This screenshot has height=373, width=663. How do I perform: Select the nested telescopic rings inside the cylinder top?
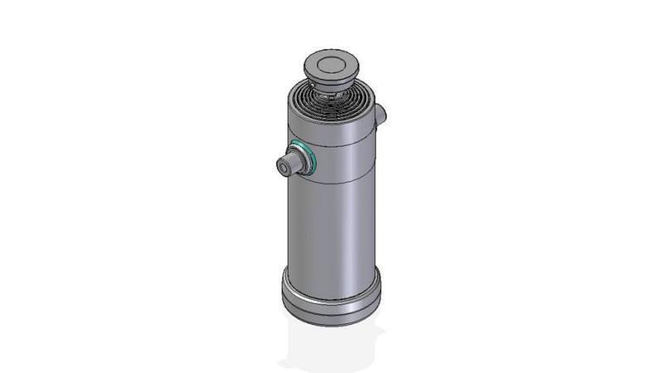[331, 103]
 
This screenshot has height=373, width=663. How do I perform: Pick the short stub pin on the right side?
[380, 114]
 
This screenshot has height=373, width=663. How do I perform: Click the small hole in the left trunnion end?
[286, 169]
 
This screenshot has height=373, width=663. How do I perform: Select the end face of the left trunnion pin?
[284, 167]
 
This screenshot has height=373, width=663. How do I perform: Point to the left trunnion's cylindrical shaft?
[293, 161]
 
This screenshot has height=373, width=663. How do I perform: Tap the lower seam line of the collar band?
[331, 181]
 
